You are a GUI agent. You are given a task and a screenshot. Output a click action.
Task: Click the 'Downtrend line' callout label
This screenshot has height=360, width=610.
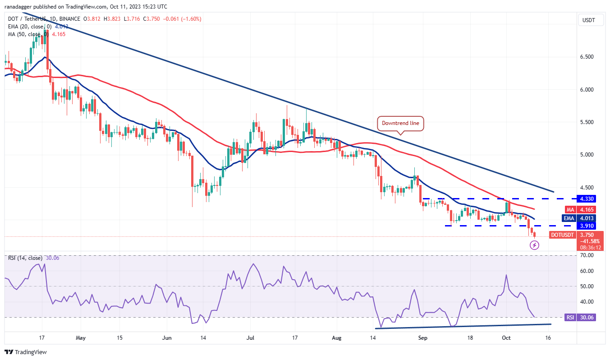[400, 123]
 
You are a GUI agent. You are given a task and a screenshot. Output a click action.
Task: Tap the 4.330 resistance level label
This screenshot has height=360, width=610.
[588, 198]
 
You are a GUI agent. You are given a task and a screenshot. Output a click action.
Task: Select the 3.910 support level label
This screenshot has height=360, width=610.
[588, 226]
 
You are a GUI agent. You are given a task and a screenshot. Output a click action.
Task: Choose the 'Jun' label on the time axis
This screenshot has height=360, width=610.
[166, 337]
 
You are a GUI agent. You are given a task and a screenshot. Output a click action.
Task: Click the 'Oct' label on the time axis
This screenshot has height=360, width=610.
[505, 337]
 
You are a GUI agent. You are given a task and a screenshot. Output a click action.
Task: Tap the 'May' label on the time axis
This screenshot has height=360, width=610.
[81, 337]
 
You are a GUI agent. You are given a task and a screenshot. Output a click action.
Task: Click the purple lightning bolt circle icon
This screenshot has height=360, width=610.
[534, 245]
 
